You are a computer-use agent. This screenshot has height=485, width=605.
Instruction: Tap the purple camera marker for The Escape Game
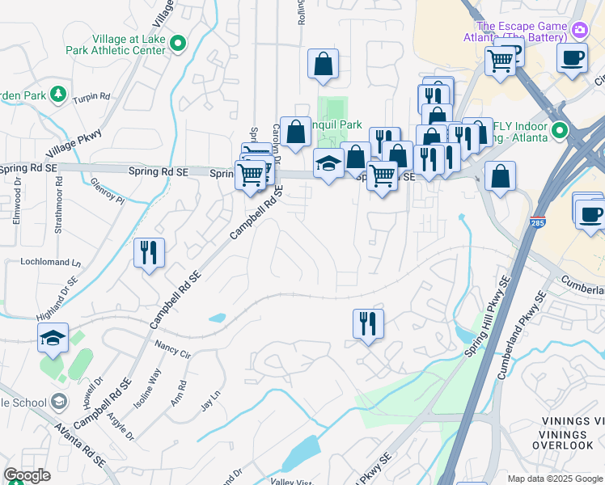point(579,31)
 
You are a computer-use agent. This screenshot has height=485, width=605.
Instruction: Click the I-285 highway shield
point(538,222)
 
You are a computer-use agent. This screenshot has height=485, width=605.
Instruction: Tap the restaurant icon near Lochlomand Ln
point(149,253)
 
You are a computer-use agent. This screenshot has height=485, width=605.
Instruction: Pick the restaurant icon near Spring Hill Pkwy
point(368,323)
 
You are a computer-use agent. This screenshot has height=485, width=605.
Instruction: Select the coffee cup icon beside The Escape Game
point(572,58)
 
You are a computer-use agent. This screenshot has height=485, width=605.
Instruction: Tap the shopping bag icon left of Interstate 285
point(500,175)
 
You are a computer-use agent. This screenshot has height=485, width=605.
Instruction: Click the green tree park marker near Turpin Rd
point(58,95)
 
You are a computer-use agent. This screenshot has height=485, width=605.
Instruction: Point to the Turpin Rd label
point(91,97)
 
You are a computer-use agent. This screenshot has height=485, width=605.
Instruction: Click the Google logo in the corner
point(27,476)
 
